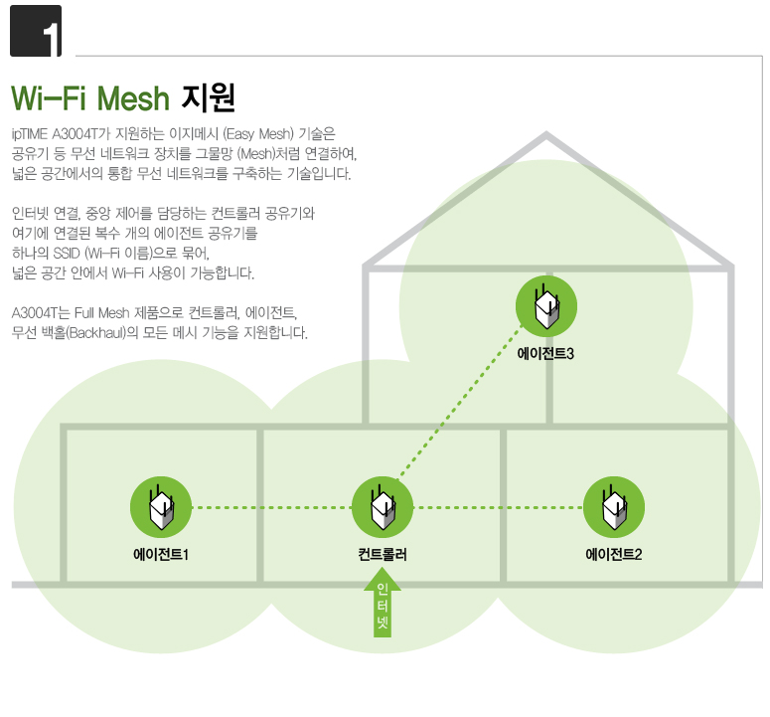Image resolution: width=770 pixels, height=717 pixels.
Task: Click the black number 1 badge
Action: (x=36, y=31)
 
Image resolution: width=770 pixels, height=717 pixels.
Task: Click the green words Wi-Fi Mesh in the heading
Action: (x=91, y=98)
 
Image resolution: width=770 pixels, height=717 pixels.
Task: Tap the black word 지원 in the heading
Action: (x=208, y=97)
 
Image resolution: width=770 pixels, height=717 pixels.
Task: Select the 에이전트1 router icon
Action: (x=161, y=507)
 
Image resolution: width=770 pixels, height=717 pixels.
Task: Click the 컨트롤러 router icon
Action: (x=383, y=507)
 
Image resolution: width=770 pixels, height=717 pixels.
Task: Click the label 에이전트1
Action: (x=161, y=554)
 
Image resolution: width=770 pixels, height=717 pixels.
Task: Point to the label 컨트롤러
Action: (x=383, y=554)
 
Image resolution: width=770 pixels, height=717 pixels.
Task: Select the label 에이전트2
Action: (x=613, y=554)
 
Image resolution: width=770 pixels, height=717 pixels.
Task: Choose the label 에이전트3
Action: (x=545, y=352)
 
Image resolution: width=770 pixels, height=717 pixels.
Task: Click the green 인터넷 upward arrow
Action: (x=383, y=609)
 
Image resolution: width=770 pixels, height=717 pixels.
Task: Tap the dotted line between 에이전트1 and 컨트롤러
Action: (x=271, y=507)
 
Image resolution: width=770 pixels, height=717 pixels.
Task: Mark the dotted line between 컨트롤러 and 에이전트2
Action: (x=497, y=507)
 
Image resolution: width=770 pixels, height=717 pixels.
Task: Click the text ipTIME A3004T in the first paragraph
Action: (x=56, y=133)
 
